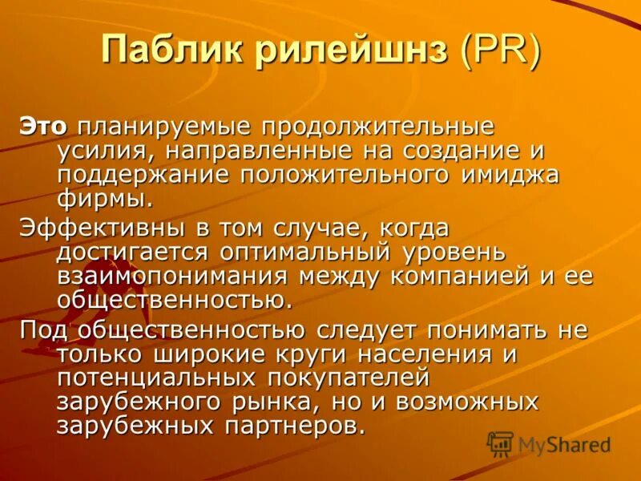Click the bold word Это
pos(44,127)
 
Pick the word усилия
pos(96,150)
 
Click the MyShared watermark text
pos(564,445)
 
